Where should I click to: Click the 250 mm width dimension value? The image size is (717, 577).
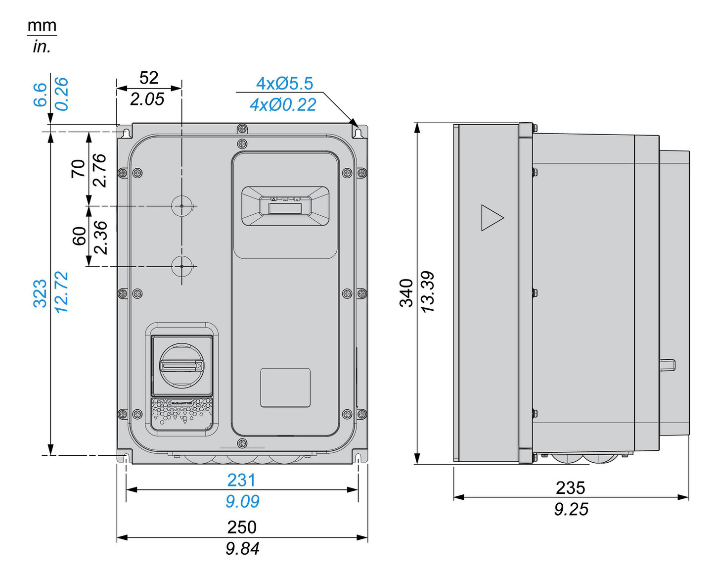(242, 527)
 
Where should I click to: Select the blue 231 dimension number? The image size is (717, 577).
(241, 480)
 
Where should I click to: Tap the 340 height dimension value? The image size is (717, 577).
(406, 292)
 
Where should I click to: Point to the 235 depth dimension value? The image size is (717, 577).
(570, 488)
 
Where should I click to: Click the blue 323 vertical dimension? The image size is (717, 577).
(40, 293)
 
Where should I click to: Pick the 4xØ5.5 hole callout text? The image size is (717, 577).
(284, 84)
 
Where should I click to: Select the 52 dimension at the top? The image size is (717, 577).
(148, 78)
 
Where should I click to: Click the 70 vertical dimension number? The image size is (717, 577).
(79, 169)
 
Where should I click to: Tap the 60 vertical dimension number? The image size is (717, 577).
(79, 236)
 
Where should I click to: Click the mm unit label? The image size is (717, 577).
(42, 26)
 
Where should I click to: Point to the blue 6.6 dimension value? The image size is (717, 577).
(40, 95)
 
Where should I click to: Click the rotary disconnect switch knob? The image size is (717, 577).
(181, 366)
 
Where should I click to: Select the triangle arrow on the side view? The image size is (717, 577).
(491, 218)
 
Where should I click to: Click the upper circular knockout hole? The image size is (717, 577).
(181, 206)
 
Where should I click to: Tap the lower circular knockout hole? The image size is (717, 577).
(181, 266)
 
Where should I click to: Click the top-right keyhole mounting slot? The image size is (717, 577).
(358, 133)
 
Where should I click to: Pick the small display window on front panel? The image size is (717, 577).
(285, 207)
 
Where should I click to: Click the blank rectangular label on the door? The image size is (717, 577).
(285, 387)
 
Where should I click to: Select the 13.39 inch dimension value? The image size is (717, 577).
(428, 291)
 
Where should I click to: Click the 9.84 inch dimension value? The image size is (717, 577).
(242, 548)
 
